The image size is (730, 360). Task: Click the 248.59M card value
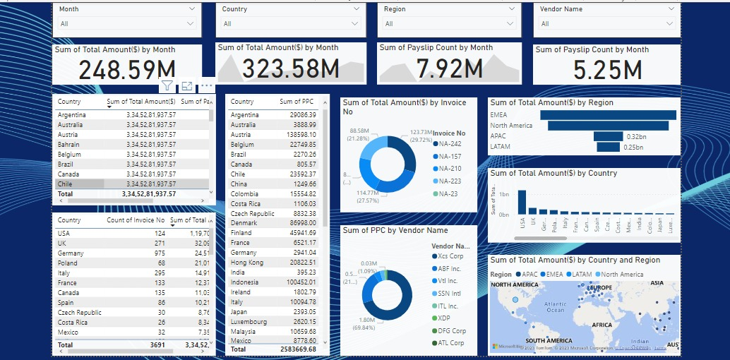pyautogui.click(x=126, y=71)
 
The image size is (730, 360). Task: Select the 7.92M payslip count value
pyautogui.click(x=449, y=68)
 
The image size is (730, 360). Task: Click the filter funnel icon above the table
pyautogui.click(x=167, y=86)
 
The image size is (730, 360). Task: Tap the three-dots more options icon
pyautogui.click(x=207, y=86)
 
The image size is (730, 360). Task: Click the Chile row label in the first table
pyautogui.click(x=69, y=184)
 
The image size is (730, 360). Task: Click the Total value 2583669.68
pyautogui.click(x=297, y=349)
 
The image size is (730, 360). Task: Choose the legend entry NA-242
pyautogui.click(x=450, y=143)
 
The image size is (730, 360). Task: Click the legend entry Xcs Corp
pyautogui.click(x=450, y=256)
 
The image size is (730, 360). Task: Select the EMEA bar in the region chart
pyautogui.click(x=608, y=115)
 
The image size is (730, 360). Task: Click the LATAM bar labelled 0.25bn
pyautogui.click(x=608, y=147)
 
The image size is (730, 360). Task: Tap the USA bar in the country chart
pyautogui.click(x=522, y=202)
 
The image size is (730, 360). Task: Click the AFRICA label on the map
pyautogui.click(x=602, y=325)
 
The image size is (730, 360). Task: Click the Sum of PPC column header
pyautogui.click(x=296, y=102)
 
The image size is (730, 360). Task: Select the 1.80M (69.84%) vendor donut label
pyautogui.click(x=367, y=323)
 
